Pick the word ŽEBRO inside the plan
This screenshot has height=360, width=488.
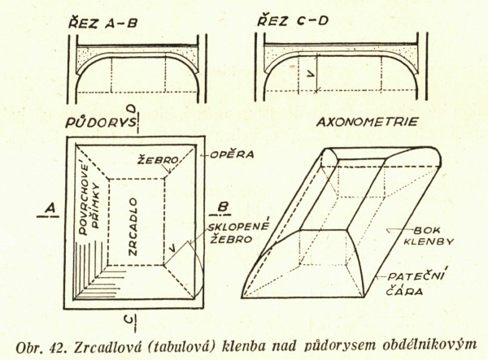click(159, 161)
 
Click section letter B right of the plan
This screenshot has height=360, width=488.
click(221, 204)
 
